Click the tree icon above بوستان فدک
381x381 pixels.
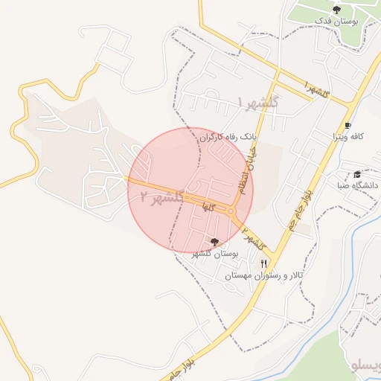pyautogui.click(x=337, y=9)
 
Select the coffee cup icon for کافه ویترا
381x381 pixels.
pyautogui.click(x=347, y=125)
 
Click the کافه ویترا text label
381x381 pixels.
pyautogui.click(x=347, y=137)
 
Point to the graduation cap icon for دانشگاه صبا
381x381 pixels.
pyautogui.click(x=357, y=173)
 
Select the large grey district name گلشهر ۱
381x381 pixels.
pyautogui.click(x=257, y=102)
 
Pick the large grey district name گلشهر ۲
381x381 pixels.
pyautogui.click(x=160, y=197)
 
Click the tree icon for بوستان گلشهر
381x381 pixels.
pyautogui.click(x=215, y=242)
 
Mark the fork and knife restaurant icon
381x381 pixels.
pyautogui.click(x=263, y=263)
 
